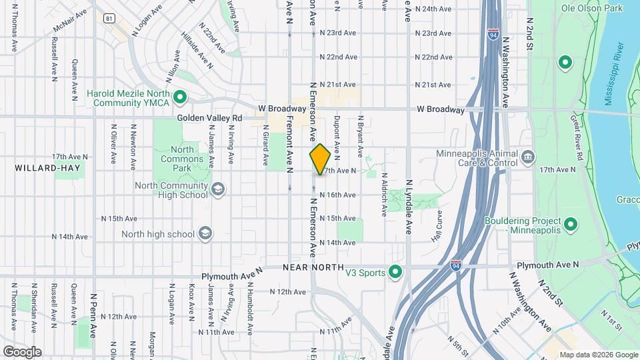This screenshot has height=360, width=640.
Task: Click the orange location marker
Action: pos(320,159)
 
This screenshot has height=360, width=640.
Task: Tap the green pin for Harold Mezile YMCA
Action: pos(179,99)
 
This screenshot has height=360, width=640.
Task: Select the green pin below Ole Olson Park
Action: pos(565,63)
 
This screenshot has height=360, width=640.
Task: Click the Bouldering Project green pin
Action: pos(570,225)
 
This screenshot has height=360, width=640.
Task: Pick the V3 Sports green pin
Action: pos(395,272)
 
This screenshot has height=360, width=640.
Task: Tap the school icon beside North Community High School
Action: pos(218,190)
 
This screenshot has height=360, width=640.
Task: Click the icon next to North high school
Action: pos(206,234)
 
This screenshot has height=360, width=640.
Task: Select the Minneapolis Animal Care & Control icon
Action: pos(528,157)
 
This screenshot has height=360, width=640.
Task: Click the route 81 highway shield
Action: pos(109,19)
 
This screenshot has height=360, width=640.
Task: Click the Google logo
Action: pos(22,351)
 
